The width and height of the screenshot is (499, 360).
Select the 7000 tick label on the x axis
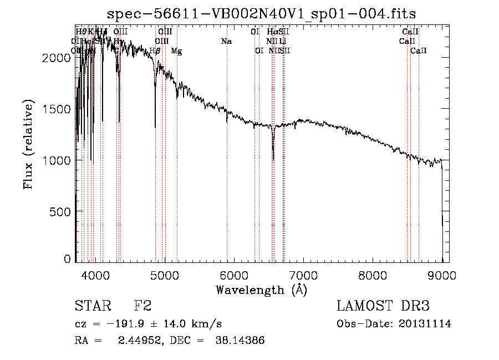click(x=303, y=275)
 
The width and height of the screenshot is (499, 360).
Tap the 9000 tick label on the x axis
click(x=442, y=275)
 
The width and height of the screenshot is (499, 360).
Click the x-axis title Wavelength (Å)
click(x=261, y=290)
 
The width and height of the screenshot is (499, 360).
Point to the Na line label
click(x=226, y=41)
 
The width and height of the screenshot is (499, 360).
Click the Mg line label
click(x=176, y=51)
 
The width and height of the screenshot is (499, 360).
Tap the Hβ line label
click(x=155, y=50)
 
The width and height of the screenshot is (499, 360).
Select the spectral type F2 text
click(x=142, y=307)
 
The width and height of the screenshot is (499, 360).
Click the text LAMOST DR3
click(x=383, y=307)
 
